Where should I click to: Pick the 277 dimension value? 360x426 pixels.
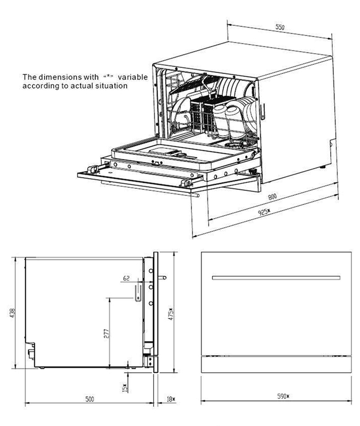(106, 333)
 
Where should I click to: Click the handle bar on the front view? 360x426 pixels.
(275, 277)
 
